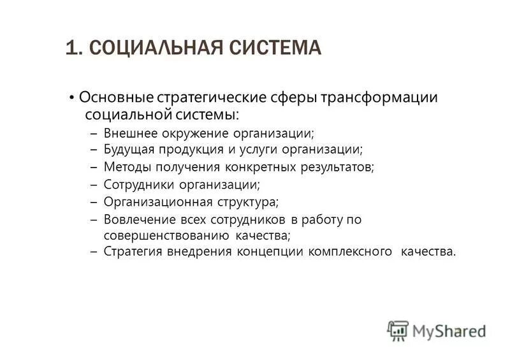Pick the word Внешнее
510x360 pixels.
pos(125,134)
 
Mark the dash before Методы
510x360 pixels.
pos(93,168)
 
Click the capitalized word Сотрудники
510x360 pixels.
pos(135,185)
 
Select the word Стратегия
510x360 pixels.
pos(131,252)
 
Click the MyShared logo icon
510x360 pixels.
pos(398,330)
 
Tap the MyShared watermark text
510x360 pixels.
pos(449,331)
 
